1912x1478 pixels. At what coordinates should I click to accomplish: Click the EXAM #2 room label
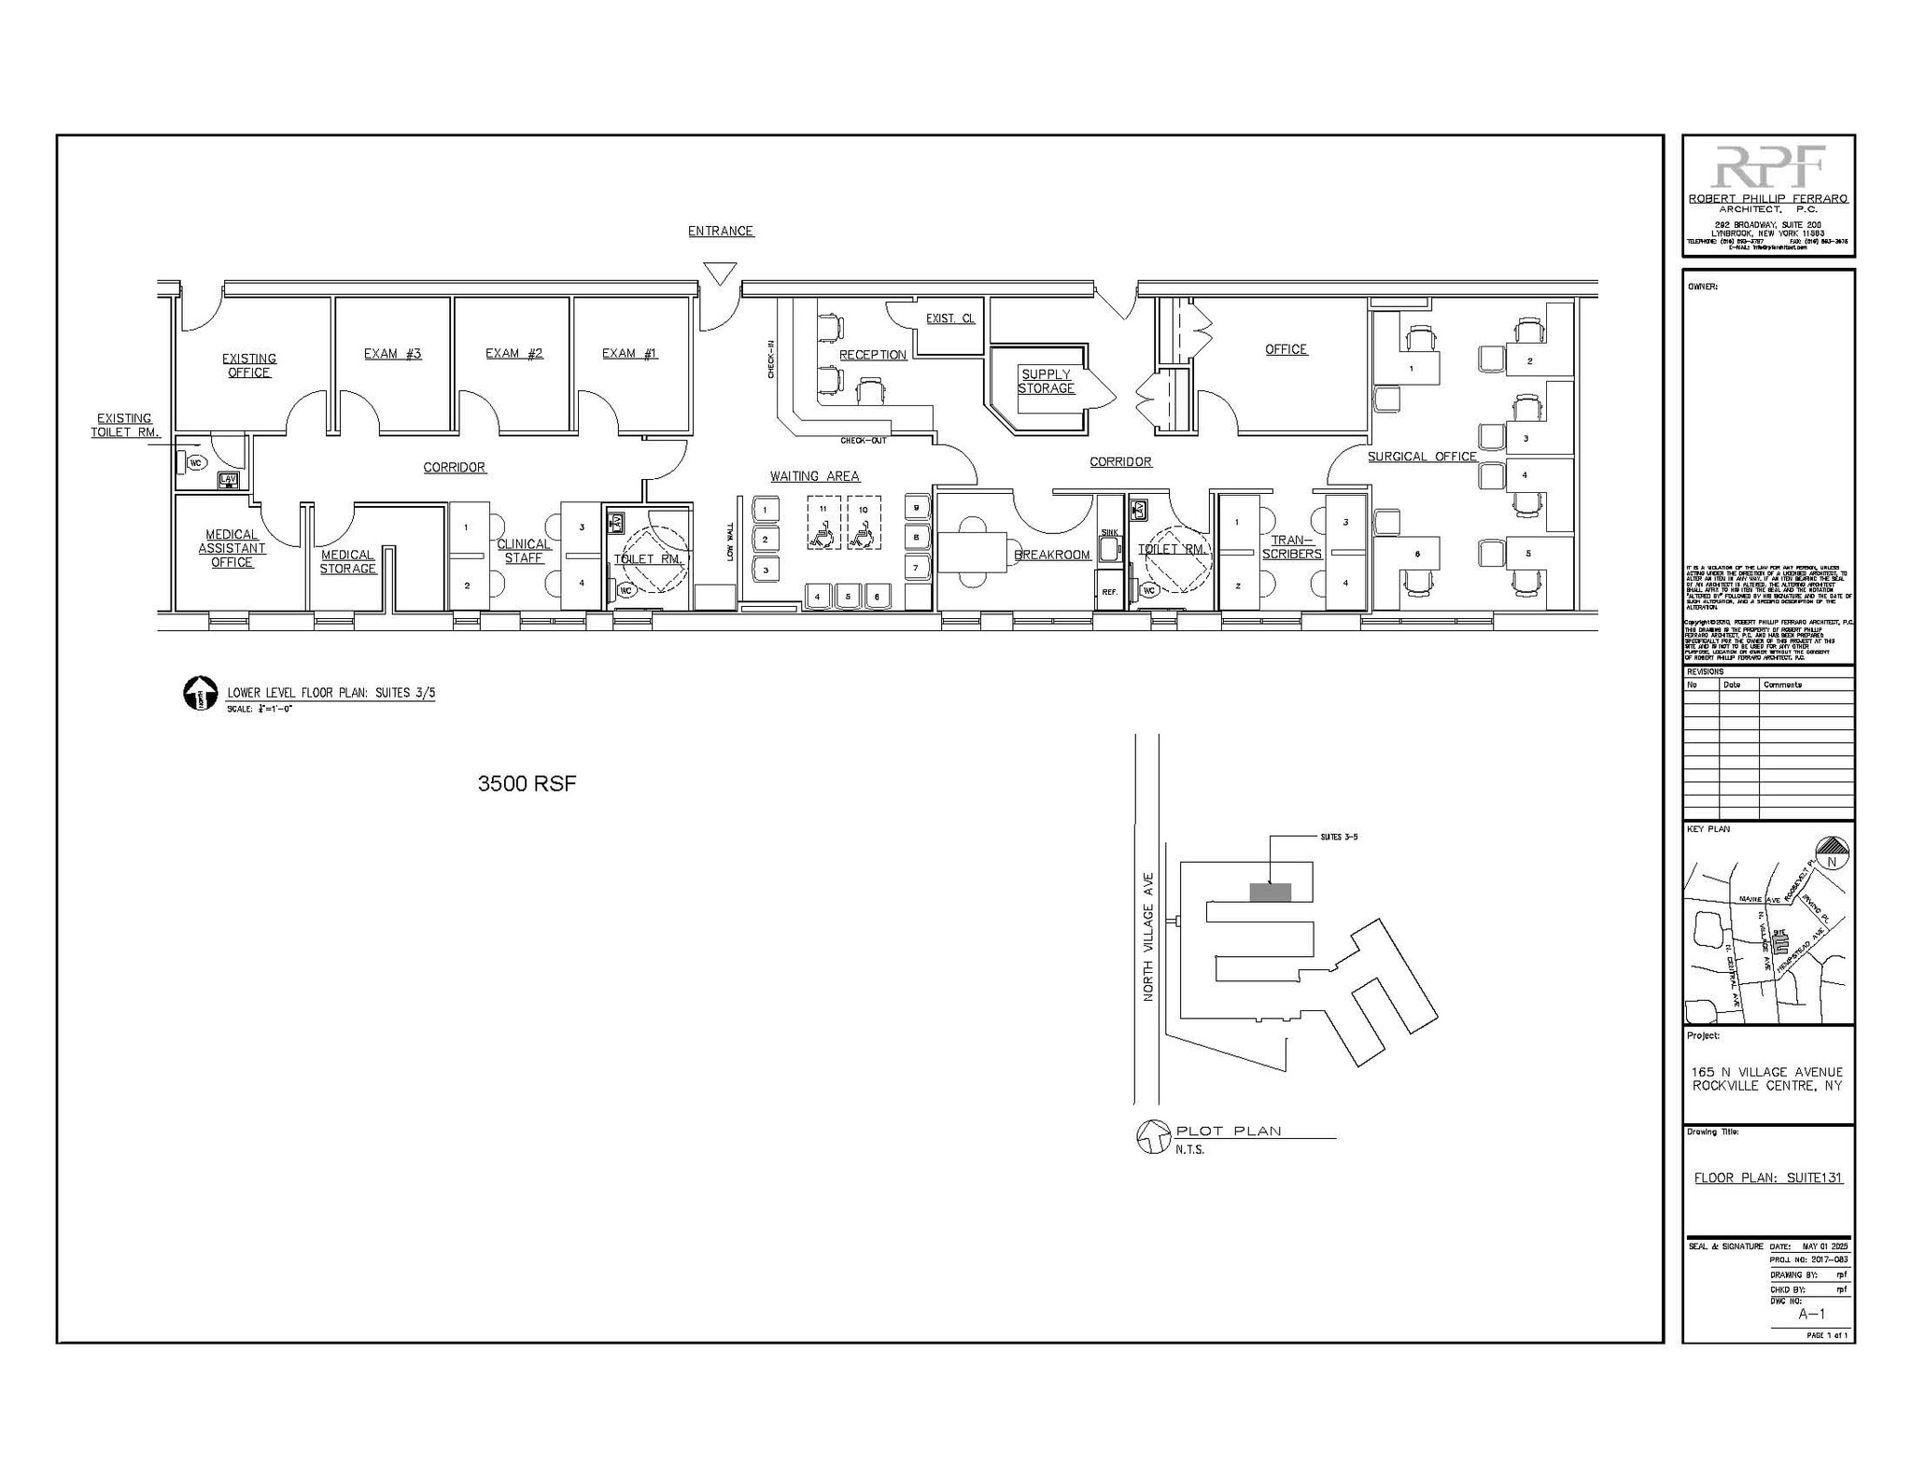point(513,353)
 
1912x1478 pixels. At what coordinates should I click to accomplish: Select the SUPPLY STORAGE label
point(1046,381)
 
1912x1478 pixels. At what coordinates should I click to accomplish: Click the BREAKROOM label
point(1052,555)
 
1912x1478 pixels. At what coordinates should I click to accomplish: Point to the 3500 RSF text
point(527,783)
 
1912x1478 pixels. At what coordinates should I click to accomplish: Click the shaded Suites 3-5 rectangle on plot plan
point(1270,892)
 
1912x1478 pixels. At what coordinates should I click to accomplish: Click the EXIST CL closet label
point(949,318)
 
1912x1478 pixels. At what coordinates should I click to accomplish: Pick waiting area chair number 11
point(822,509)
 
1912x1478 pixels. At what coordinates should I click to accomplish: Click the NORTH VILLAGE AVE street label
point(1148,936)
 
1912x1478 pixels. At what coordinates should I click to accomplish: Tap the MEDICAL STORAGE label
point(347,561)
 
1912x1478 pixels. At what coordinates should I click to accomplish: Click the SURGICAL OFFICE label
point(1422,457)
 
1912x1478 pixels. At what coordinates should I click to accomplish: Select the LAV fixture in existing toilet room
point(228,480)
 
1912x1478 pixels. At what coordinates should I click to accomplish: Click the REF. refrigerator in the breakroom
point(1109,592)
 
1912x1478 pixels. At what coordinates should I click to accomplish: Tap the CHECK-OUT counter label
point(863,440)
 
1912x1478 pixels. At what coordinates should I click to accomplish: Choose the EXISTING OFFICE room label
point(248,365)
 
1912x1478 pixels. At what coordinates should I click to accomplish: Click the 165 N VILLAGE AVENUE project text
point(1767,1072)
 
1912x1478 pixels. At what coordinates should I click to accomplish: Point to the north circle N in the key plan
point(1831,861)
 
